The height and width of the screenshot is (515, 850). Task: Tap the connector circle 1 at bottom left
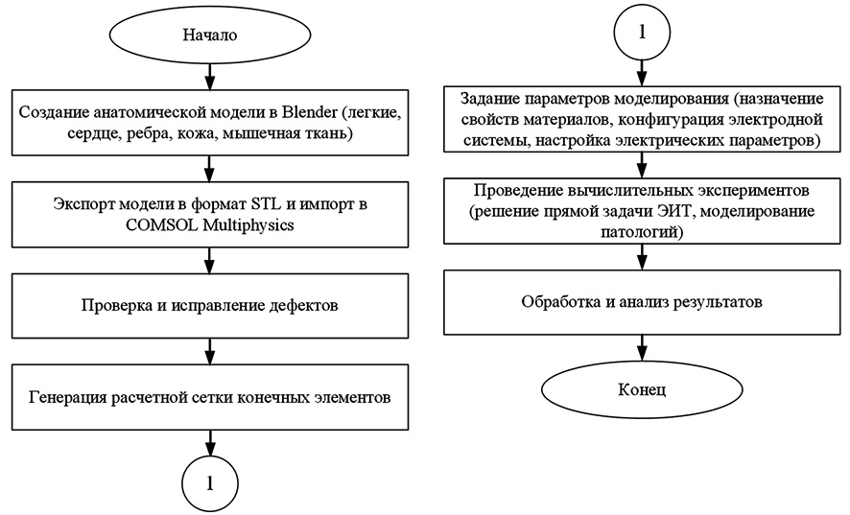pyautogui.click(x=209, y=481)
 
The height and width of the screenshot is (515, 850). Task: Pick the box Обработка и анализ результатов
pyautogui.click(x=641, y=302)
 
